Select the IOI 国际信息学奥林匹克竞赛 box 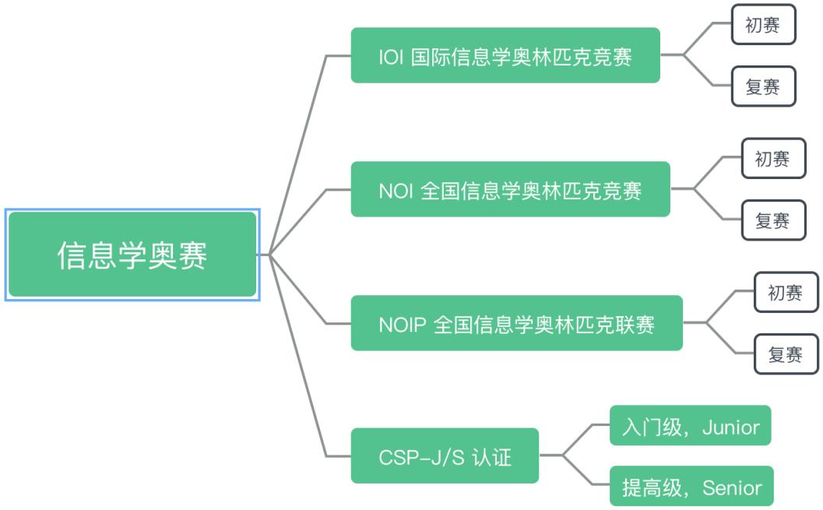click(x=505, y=55)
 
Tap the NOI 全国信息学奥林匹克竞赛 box click(x=510, y=189)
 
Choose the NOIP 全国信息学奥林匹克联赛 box click(x=516, y=323)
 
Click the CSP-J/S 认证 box click(x=445, y=456)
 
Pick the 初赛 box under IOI click(x=763, y=26)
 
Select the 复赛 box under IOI click(x=763, y=86)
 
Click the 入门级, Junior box click(x=691, y=426)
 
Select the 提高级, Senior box click(x=691, y=487)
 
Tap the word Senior click(x=732, y=487)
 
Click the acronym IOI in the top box click(x=391, y=56)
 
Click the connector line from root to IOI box click(x=300, y=140)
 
